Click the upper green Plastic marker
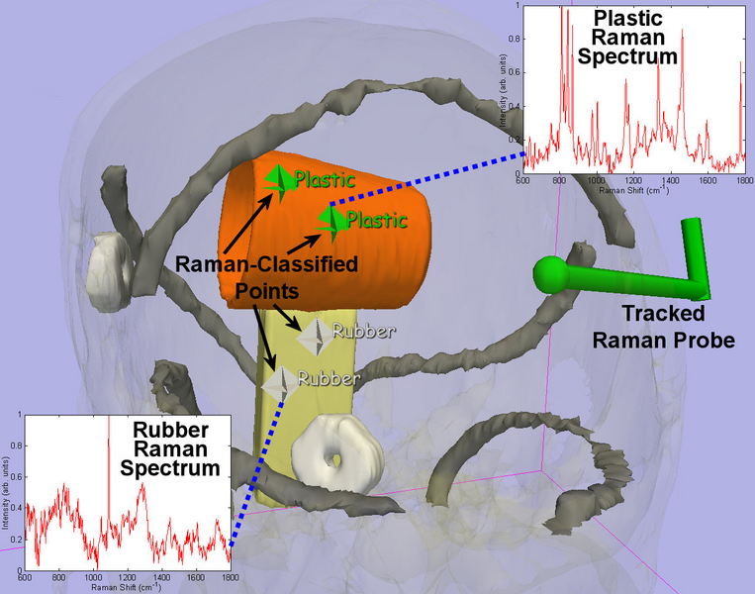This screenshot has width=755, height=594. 280,179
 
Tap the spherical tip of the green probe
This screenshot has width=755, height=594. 549,273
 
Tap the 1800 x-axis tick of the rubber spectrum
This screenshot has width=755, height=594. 230,576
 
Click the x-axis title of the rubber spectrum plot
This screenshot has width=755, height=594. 128,587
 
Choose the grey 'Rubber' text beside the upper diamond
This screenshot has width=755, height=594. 363,330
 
